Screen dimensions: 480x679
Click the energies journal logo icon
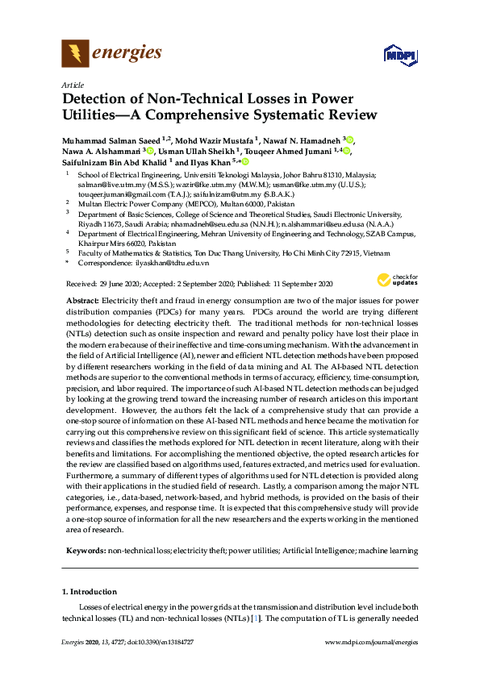75,54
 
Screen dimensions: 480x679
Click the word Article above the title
71,85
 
